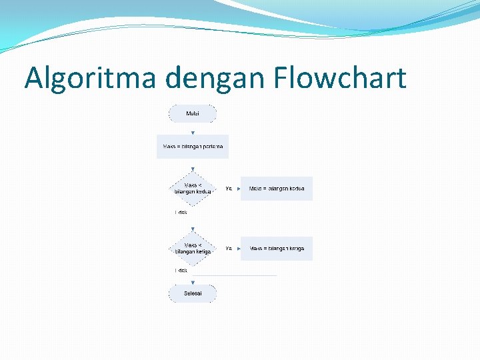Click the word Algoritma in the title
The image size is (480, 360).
click(x=91, y=78)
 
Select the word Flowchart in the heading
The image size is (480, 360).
click(x=339, y=78)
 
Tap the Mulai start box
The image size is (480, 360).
click(x=193, y=113)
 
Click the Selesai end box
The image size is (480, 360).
click(x=193, y=293)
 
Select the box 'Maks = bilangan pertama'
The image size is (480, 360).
click(x=193, y=147)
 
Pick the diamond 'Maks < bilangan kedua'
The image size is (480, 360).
click(x=193, y=189)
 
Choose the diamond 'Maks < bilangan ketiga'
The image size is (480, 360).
click(x=193, y=249)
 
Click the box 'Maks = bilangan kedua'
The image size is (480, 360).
click(x=277, y=189)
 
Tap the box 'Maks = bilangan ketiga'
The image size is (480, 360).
click(x=277, y=249)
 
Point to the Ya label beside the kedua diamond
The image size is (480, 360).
click(x=229, y=189)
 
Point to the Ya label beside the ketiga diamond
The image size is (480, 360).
click(x=229, y=249)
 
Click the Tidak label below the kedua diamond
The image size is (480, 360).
click(x=181, y=213)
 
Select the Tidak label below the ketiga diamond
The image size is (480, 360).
click(x=181, y=271)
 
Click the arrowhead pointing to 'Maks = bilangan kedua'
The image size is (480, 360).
click(x=238, y=189)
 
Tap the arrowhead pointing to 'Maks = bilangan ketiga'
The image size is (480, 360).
click(x=238, y=249)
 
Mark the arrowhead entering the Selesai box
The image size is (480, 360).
click(x=193, y=282)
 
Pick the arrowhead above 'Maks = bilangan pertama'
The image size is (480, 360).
click(x=193, y=133)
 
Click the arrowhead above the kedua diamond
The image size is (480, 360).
click(x=193, y=171)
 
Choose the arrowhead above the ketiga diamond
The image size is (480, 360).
click(x=193, y=230)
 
